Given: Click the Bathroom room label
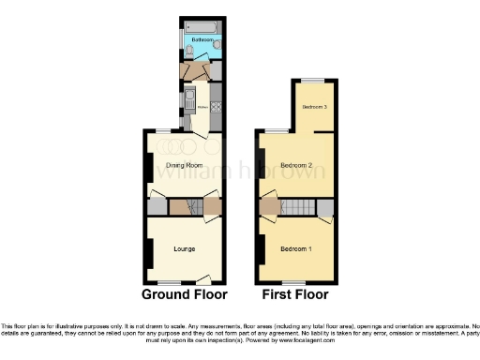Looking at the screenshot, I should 201,41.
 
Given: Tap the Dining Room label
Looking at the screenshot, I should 184,166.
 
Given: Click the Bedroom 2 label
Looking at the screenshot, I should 297,166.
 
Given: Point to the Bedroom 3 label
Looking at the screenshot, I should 313,107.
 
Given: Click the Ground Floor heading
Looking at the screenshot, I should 184,294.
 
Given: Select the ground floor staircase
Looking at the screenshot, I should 185,206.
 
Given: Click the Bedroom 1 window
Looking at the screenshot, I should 292,282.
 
